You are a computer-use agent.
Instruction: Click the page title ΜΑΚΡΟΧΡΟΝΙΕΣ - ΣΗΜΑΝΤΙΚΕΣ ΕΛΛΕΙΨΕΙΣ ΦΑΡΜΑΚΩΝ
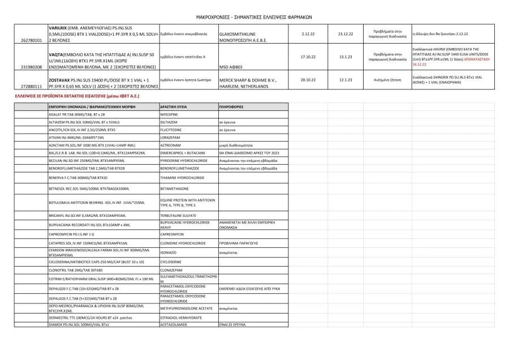coord(254,17)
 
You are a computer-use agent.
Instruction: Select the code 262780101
coord(31,41)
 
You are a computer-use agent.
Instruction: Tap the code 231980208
coord(31,66)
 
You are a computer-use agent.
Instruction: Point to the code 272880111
coord(31,86)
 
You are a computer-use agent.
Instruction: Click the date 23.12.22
coord(346,33)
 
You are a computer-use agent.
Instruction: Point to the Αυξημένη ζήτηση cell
coord(387,79)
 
